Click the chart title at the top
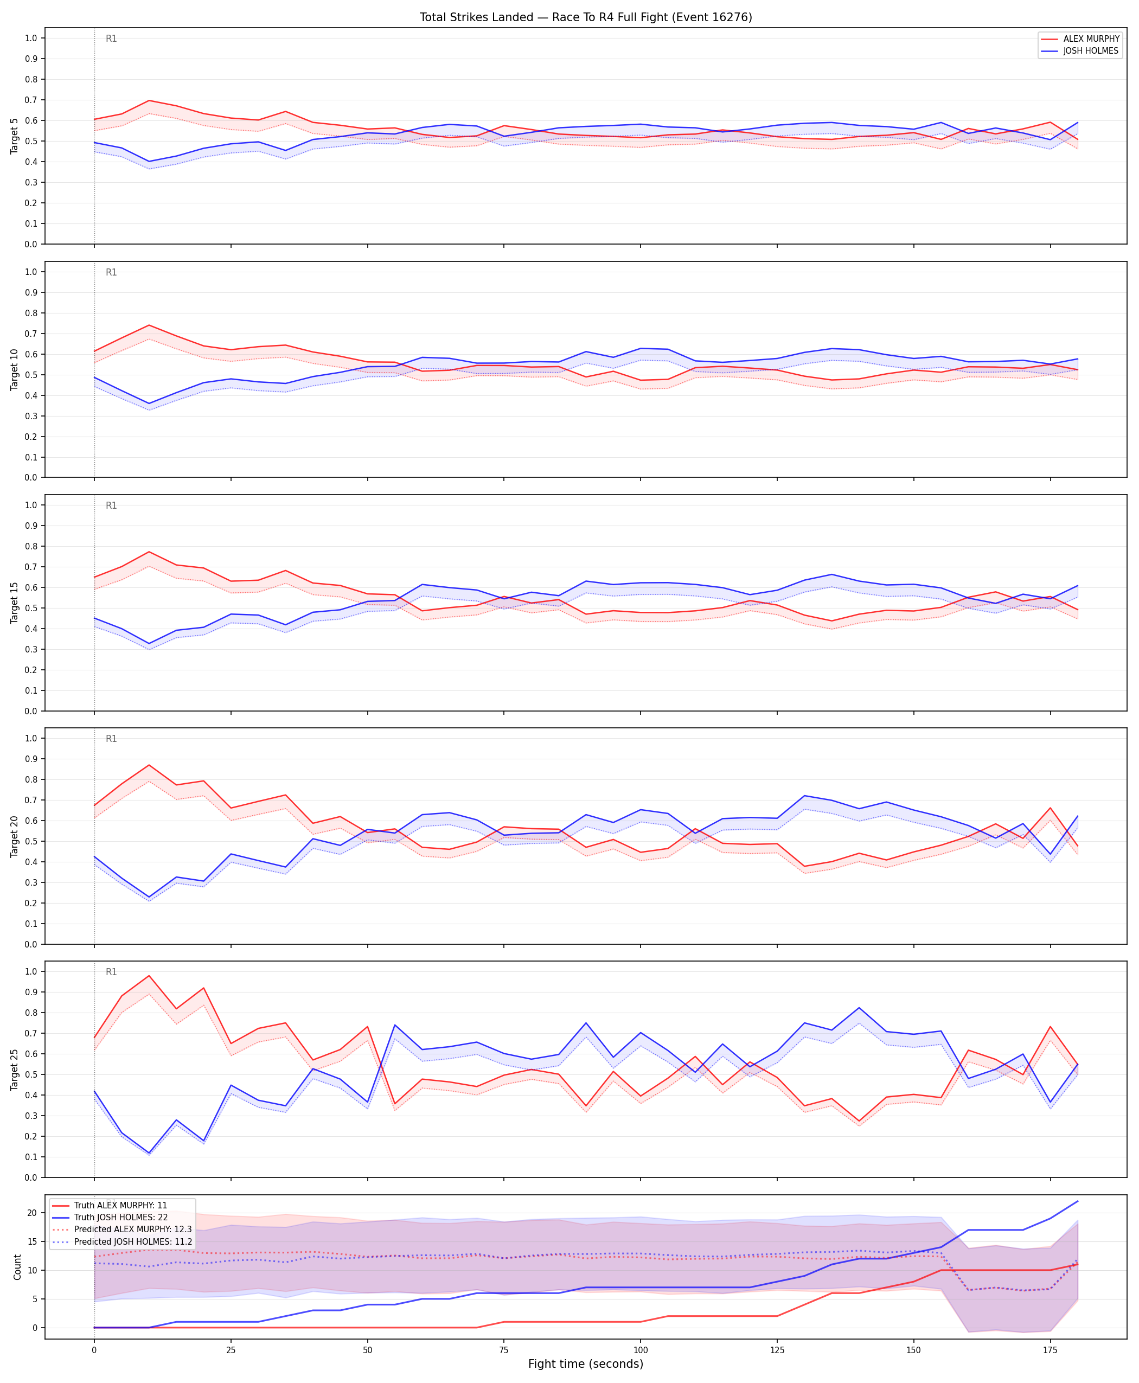(x=586, y=17)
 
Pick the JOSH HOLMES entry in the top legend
(x=1090, y=50)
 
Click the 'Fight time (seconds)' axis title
(x=586, y=1364)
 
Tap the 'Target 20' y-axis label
(x=15, y=836)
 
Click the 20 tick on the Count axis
(x=31, y=1213)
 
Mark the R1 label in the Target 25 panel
(x=112, y=972)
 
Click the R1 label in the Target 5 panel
(x=112, y=39)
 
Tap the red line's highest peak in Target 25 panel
(x=149, y=976)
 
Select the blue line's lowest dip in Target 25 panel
(x=149, y=1152)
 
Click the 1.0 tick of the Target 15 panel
(x=31, y=505)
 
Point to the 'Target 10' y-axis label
(x=15, y=369)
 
